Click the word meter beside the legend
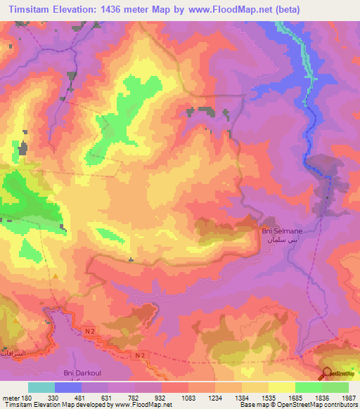coord(11,397)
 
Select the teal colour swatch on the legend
coord(41,387)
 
